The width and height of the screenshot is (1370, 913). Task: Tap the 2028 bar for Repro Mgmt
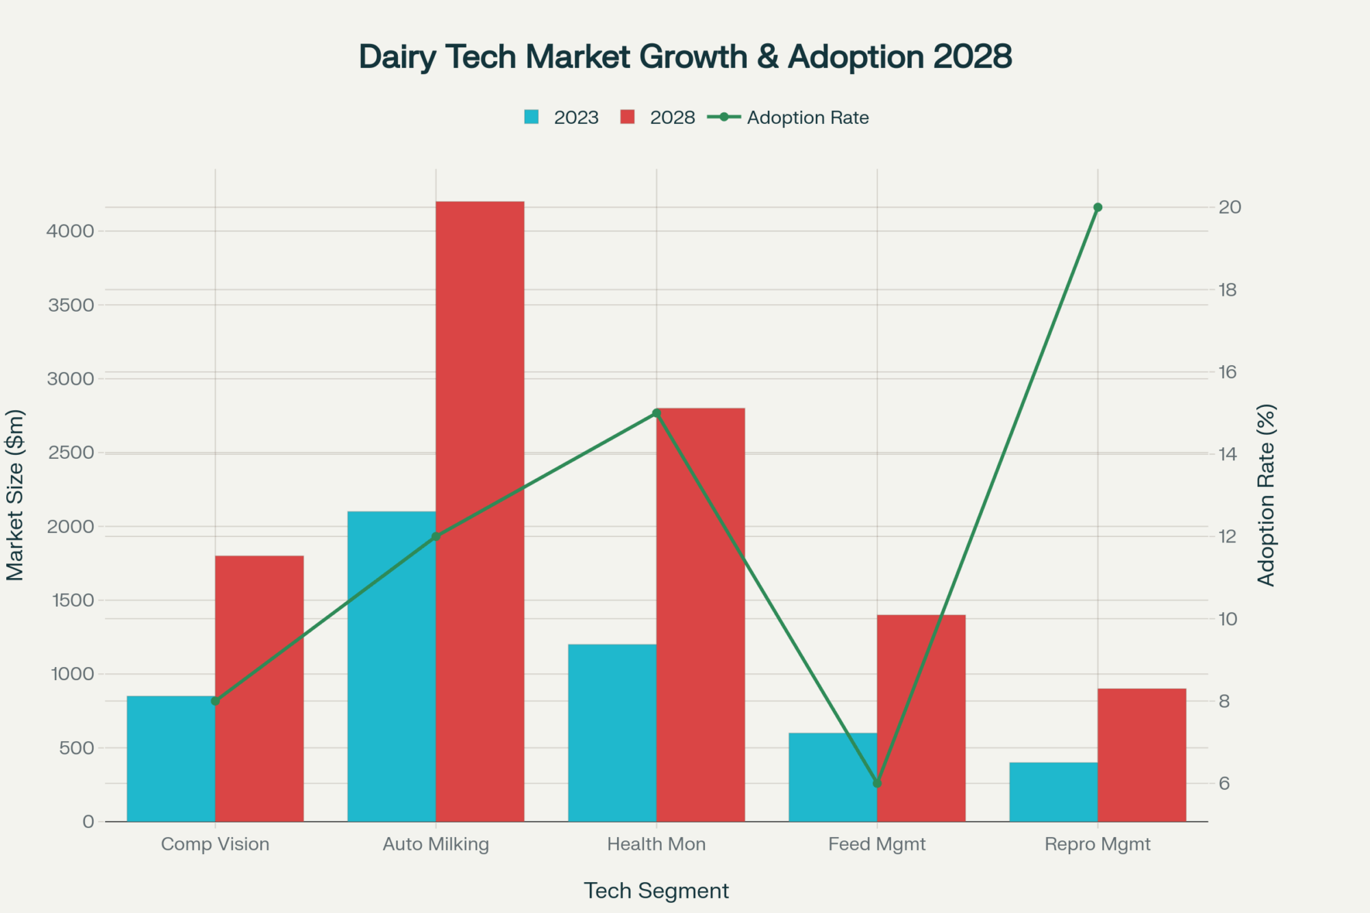(1141, 754)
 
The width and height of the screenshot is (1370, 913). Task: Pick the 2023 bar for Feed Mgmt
(832, 777)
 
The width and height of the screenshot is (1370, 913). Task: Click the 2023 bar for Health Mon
(612, 732)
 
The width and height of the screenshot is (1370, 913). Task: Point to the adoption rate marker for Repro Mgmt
(1097, 208)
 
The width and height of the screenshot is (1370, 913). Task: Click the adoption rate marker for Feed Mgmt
(877, 783)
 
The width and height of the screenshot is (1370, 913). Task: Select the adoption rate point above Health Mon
(656, 413)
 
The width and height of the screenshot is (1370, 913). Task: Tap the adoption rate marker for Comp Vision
(215, 701)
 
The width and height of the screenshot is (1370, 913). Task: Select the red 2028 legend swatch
(627, 117)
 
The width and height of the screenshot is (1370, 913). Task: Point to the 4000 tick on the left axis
(70, 231)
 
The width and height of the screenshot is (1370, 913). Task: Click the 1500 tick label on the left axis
(72, 600)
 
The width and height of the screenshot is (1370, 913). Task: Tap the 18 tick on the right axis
(1228, 290)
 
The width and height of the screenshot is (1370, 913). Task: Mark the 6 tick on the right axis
(1224, 783)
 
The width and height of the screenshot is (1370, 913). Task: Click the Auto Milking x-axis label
(436, 844)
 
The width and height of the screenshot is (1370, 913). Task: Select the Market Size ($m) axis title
(15, 495)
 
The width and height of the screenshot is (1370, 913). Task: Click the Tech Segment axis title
(656, 890)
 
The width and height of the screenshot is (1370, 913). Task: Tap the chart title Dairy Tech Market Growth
(685, 56)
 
